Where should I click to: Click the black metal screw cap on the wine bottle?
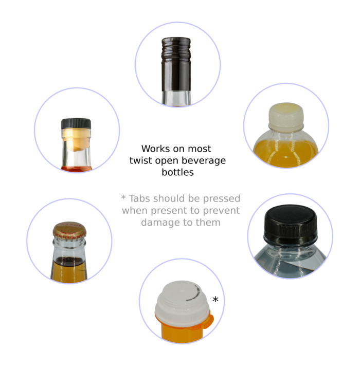click(176, 64)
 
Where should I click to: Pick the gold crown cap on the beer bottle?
click(69, 231)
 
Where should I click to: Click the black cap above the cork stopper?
click(76, 124)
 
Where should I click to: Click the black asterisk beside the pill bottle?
click(215, 299)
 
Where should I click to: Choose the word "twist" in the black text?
click(141, 161)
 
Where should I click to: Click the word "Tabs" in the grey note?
click(140, 198)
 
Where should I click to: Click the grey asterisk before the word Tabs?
click(123, 198)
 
